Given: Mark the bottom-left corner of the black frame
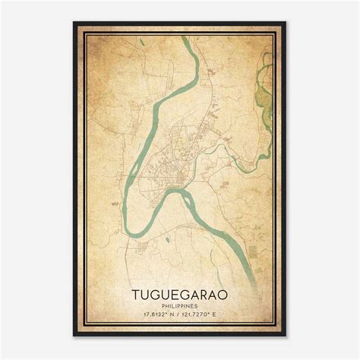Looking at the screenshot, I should tap(74, 336).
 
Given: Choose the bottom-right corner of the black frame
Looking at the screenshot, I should tap(285, 336).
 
